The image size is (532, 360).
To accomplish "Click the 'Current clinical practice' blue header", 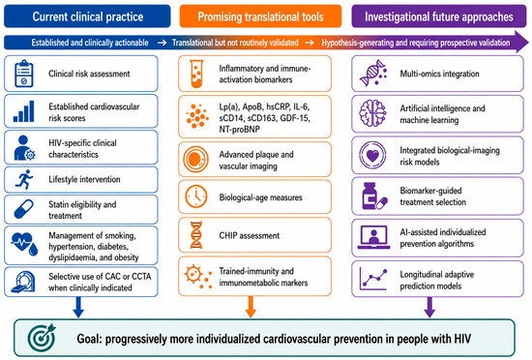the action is click(87, 16).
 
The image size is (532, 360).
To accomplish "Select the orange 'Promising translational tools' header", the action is click(260, 16).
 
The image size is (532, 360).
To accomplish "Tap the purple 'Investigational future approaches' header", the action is click(439, 16).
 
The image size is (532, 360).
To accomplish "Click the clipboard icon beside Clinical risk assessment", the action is click(24, 74).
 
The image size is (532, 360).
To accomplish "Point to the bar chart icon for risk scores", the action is click(24, 111).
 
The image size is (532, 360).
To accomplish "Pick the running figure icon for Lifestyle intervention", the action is click(24, 179).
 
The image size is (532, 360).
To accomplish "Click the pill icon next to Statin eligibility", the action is click(24, 209).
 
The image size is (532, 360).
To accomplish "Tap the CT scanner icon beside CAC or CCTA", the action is click(23, 282).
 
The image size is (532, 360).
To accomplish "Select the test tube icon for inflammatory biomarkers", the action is click(196, 74).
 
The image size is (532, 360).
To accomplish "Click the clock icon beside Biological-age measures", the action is click(196, 196).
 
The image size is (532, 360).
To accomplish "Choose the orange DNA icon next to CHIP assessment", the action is click(196, 235).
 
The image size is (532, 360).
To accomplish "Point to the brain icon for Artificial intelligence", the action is click(372, 113).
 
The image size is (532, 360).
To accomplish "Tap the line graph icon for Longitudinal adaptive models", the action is click(373, 280).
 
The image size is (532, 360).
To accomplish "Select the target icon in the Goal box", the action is click(42, 338).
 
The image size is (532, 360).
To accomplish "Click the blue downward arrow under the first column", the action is click(78, 307).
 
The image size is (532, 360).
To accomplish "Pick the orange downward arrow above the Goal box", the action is click(251, 307).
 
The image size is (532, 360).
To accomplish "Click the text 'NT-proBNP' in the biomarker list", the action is click(240, 130).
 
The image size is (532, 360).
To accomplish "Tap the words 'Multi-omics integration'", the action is click(439, 74).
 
